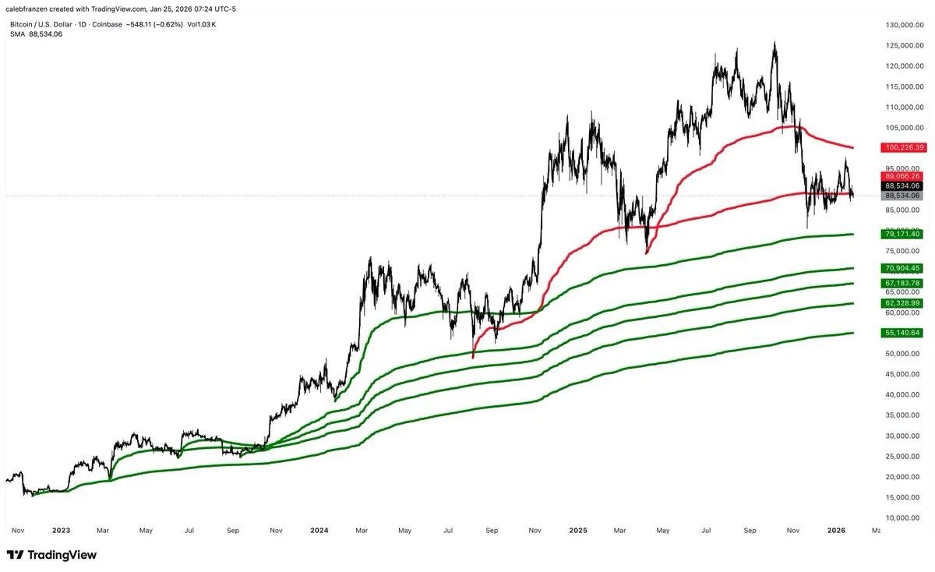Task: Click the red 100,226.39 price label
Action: coord(901,147)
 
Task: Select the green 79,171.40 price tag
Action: coord(901,234)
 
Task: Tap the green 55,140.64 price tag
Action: coord(901,333)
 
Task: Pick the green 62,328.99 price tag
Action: coord(901,303)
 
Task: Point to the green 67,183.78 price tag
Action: coord(901,283)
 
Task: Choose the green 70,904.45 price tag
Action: coord(901,268)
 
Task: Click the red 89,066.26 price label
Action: coord(901,176)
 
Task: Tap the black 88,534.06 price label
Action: coord(901,186)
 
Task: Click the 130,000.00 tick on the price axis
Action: coord(903,25)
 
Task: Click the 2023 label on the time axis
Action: coord(61,531)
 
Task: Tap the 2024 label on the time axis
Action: coord(319,531)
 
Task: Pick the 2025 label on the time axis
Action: coord(577,531)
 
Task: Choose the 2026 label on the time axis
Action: coord(836,531)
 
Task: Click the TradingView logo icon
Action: coord(16,555)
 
